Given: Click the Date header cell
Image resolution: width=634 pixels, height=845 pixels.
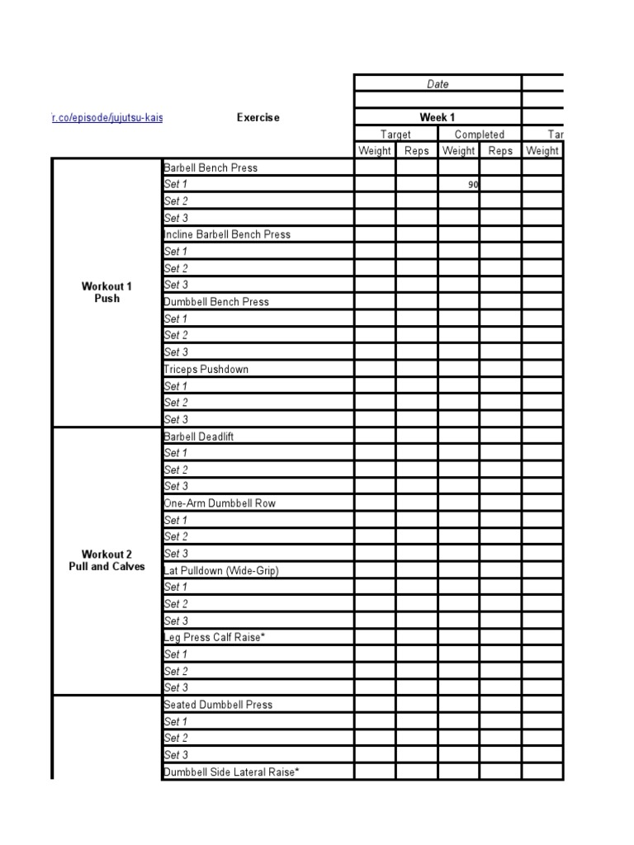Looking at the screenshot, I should [438, 84].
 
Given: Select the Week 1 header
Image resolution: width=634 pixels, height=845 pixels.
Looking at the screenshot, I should [438, 117].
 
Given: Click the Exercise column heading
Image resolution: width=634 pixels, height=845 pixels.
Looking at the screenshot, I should [258, 117].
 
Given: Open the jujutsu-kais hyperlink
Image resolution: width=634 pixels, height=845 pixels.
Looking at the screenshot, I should [107, 117].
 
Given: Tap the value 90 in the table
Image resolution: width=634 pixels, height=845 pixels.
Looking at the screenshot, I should [473, 185].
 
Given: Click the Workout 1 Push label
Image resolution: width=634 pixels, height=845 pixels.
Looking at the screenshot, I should [106, 292].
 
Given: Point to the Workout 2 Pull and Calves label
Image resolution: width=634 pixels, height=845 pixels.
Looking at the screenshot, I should [106, 560].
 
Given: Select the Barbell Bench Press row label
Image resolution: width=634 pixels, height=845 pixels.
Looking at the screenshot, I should [211, 168].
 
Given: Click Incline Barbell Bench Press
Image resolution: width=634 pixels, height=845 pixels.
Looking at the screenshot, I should [228, 234].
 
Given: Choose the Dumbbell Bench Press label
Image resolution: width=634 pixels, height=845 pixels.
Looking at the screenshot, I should [217, 302].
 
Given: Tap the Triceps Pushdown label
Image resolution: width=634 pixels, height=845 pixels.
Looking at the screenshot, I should [206, 369].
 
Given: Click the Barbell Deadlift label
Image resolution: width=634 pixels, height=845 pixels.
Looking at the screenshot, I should [199, 437].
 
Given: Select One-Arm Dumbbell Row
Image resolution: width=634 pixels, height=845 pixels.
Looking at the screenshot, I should [220, 503].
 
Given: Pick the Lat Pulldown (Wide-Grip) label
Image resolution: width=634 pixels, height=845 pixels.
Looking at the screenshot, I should [222, 570].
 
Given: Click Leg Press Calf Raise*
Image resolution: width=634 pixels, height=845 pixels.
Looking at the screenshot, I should [215, 637].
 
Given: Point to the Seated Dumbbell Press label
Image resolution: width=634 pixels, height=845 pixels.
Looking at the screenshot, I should [218, 705].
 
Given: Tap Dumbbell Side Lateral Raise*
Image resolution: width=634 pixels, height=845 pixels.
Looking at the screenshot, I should [231, 772].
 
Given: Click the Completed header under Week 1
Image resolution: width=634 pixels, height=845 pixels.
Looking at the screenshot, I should [479, 135].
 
